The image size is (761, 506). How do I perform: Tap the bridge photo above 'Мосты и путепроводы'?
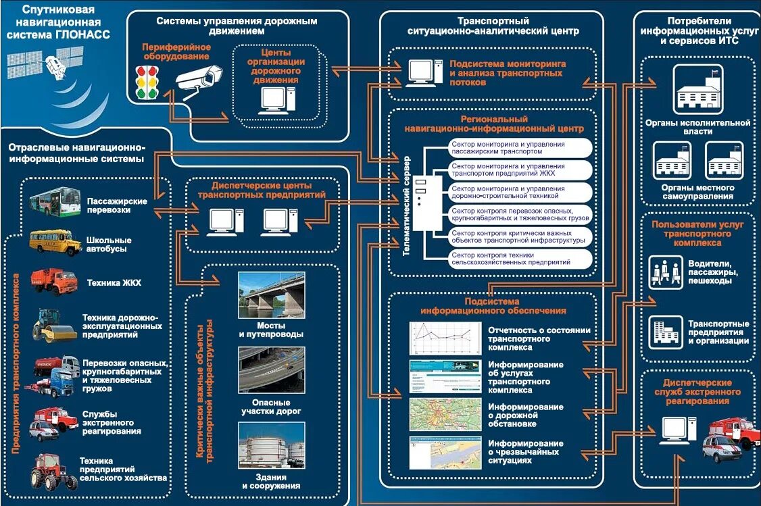tap(271, 295)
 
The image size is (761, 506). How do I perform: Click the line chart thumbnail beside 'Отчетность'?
tap(445, 338)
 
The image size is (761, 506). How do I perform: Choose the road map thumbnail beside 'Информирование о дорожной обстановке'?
tap(445, 413)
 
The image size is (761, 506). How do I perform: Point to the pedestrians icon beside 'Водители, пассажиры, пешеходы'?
tap(662, 270)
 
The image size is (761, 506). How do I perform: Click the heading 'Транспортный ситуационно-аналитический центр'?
tap(493, 26)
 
